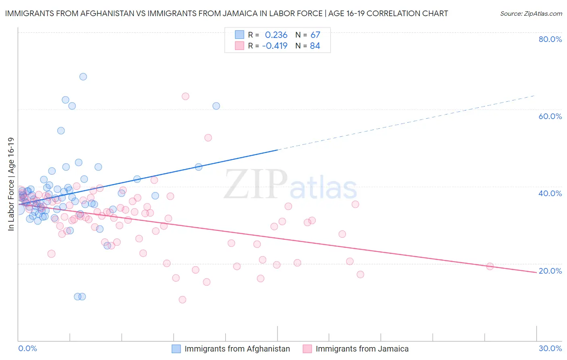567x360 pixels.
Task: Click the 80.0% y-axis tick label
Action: point(550,39)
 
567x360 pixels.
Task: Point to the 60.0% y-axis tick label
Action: point(550,116)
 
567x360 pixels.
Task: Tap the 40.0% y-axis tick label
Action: point(550,193)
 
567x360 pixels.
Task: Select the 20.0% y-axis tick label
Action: point(550,271)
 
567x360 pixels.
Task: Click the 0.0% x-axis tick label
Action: point(28,348)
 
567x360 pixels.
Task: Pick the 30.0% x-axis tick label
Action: point(550,348)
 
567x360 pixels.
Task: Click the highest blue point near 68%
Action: point(83,77)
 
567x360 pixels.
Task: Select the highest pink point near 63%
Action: point(186,96)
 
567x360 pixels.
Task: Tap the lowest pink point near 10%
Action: point(182,299)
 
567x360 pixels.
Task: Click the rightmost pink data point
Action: point(490,266)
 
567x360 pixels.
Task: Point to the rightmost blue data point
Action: point(216,106)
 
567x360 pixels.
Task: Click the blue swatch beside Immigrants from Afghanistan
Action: point(176,349)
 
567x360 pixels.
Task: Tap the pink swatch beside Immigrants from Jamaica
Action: point(307,349)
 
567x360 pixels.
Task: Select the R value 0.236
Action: point(276,35)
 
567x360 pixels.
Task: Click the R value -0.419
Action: point(275,46)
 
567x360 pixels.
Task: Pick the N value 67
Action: point(315,35)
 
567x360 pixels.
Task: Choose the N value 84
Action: point(315,46)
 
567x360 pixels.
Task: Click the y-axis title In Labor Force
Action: point(11,184)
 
